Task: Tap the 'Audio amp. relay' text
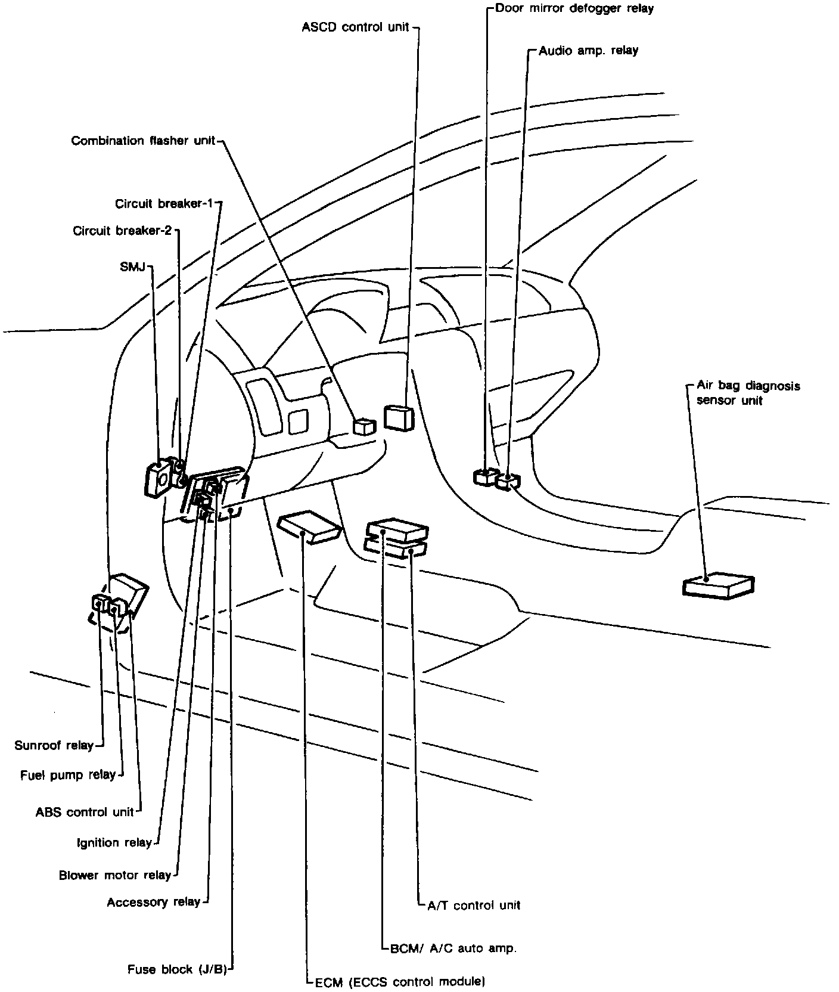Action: (588, 51)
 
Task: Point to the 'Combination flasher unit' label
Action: (143, 141)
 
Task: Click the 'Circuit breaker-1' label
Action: (164, 204)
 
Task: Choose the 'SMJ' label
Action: (132, 267)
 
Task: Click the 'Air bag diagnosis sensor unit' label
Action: (748, 393)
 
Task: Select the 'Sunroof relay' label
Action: (54, 745)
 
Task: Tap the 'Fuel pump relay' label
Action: (68, 775)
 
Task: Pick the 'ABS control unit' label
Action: (85, 812)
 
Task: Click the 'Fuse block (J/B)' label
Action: (178, 969)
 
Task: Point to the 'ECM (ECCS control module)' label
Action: (399, 981)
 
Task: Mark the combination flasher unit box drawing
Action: (365, 426)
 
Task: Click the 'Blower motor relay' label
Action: (115, 875)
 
